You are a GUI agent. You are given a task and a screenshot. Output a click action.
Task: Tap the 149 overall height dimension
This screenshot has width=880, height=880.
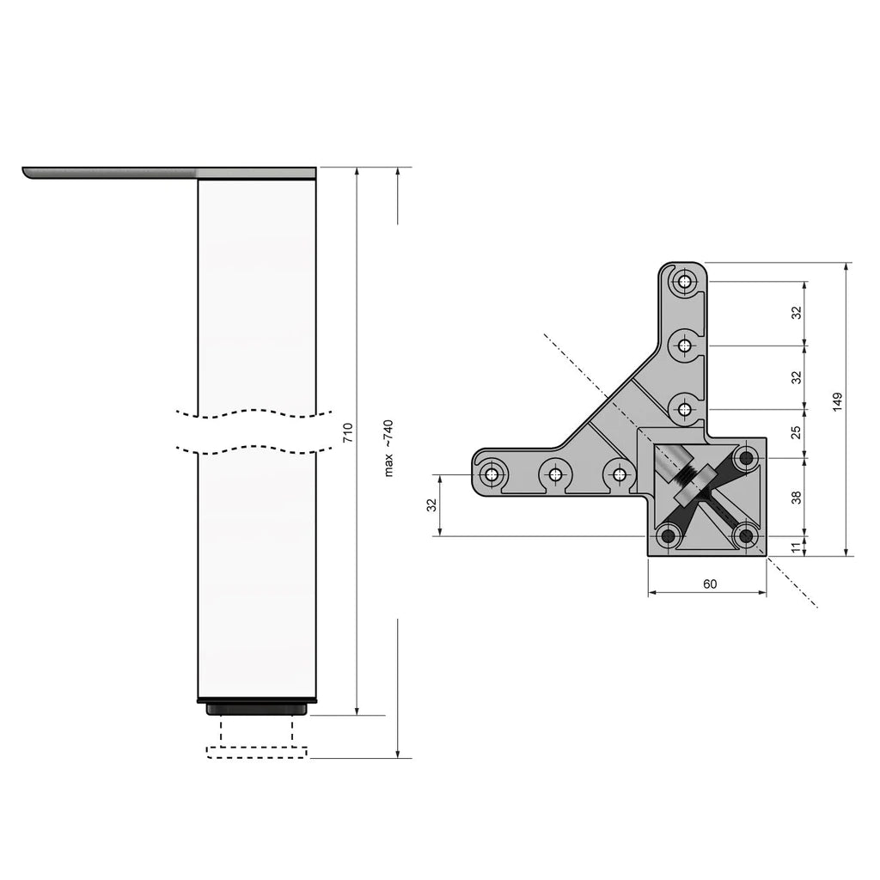click(x=837, y=402)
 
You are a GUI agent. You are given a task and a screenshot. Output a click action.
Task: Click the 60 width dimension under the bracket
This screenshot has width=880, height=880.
click(x=710, y=584)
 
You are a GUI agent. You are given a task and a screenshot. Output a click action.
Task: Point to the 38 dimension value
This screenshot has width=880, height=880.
click(x=796, y=497)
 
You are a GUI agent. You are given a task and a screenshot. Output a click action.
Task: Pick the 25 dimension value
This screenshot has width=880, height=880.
click(x=796, y=431)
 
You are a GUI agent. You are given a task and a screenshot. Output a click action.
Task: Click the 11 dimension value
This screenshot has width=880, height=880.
click(x=796, y=546)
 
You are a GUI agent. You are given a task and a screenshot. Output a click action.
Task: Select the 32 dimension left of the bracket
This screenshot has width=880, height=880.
click(x=431, y=505)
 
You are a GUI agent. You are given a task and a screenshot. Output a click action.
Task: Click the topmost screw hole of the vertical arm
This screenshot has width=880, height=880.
click(x=684, y=281)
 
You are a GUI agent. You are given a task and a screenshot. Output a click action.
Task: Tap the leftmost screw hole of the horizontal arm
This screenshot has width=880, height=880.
click(x=492, y=474)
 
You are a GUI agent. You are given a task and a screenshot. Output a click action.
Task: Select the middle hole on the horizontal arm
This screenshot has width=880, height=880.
click(x=555, y=474)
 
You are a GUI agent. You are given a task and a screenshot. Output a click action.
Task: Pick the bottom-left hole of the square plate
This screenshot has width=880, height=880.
click(x=667, y=537)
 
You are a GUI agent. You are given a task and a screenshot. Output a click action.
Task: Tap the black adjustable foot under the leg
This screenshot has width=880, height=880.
click(x=257, y=708)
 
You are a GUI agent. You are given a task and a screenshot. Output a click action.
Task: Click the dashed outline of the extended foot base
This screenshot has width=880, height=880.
click(x=257, y=753)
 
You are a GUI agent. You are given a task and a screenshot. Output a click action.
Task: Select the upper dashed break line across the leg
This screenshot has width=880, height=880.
click(x=257, y=412)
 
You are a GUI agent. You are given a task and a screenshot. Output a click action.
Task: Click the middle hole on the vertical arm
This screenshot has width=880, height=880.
click(x=684, y=345)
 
